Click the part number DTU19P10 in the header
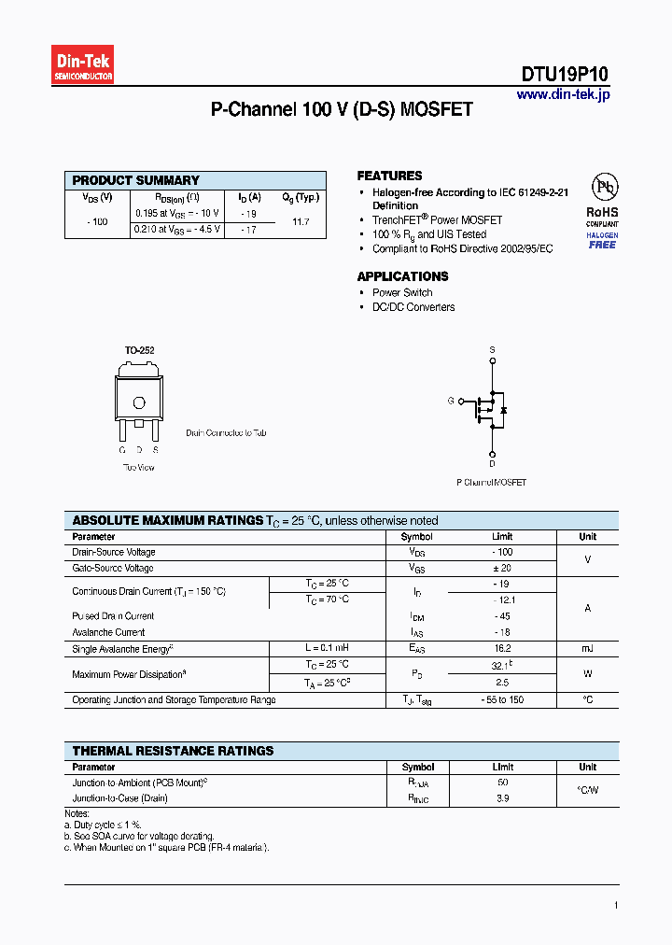(x=565, y=76)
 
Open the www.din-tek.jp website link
(x=562, y=95)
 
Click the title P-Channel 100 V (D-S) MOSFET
(x=342, y=110)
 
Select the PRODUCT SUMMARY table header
(x=136, y=180)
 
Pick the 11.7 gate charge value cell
(x=301, y=221)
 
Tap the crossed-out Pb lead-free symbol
(x=602, y=185)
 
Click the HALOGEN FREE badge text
(x=602, y=240)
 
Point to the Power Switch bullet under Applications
(x=402, y=292)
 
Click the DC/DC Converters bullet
(x=413, y=307)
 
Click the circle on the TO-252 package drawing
(x=139, y=403)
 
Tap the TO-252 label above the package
(x=139, y=350)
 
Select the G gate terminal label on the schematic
(x=450, y=401)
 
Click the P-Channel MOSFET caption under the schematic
(x=491, y=483)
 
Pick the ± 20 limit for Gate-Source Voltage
(x=503, y=568)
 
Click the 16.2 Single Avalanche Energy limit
(x=503, y=648)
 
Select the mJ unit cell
(x=587, y=648)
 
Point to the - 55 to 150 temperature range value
(x=503, y=699)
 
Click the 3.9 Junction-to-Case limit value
(x=503, y=798)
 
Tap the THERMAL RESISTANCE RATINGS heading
(x=173, y=751)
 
